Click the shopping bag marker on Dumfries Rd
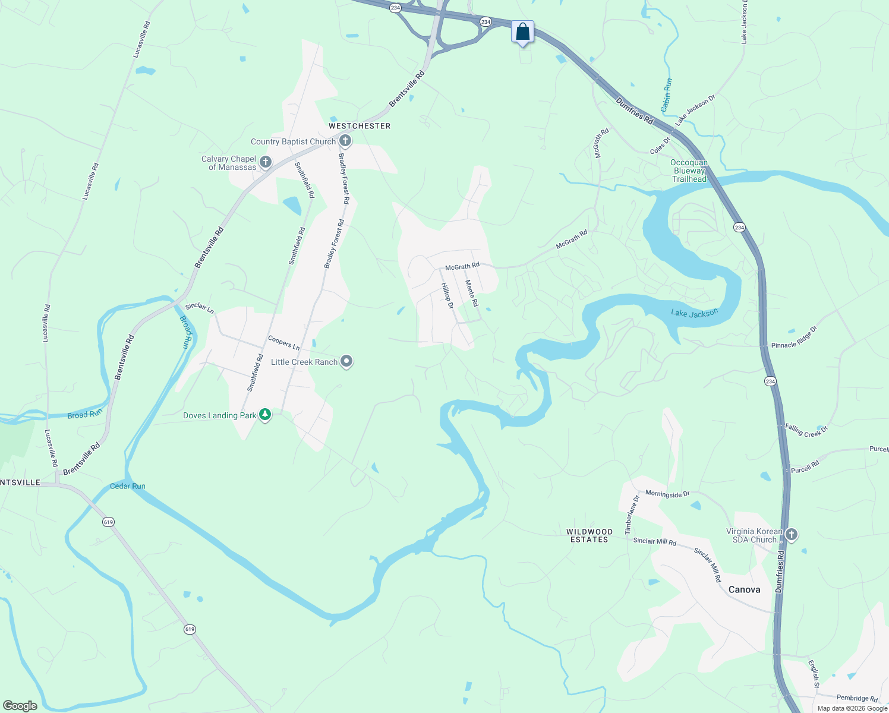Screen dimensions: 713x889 pyautogui.click(x=522, y=32)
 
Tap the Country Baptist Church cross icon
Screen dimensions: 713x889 pyautogui.click(x=345, y=141)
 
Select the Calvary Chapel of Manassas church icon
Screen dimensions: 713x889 pyautogui.click(x=266, y=162)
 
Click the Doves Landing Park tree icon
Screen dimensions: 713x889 pyautogui.click(x=265, y=415)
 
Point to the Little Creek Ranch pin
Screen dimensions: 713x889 pyautogui.click(x=346, y=361)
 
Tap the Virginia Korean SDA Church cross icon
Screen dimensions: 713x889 pyautogui.click(x=791, y=535)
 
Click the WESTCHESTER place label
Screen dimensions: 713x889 pyautogui.click(x=360, y=126)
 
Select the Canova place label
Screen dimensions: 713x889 pyautogui.click(x=744, y=589)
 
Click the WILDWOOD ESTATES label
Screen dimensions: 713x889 pyautogui.click(x=589, y=535)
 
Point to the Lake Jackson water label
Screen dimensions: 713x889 pyautogui.click(x=694, y=313)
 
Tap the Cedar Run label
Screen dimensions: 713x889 pyautogui.click(x=128, y=486)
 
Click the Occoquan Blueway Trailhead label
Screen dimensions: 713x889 pyautogui.click(x=689, y=171)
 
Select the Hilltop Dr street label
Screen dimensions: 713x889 pyautogui.click(x=447, y=295)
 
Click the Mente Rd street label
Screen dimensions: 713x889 pyautogui.click(x=472, y=293)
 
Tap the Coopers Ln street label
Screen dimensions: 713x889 pyautogui.click(x=283, y=342)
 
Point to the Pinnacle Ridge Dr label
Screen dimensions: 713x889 pyautogui.click(x=794, y=337)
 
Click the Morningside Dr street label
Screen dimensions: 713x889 pyautogui.click(x=667, y=494)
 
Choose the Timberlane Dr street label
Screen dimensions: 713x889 pyautogui.click(x=631, y=515)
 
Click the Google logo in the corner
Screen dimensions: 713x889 pyautogui.click(x=20, y=705)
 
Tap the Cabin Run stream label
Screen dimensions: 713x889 pyautogui.click(x=667, y=95)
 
